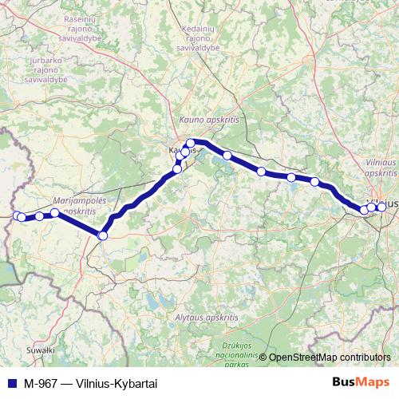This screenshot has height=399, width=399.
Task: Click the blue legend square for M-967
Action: click(9, 384)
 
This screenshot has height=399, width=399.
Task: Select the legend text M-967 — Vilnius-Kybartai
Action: click(84, 384)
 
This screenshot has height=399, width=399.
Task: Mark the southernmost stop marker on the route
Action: click(102, 235)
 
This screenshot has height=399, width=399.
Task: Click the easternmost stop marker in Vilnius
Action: click(381, 207)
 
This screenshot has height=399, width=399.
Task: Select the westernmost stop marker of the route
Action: click(17, 215)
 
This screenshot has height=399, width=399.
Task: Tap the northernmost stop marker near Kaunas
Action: click(191, 144)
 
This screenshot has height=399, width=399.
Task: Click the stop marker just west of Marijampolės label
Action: click(39, 216)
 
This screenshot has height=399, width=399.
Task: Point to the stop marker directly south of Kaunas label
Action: click(177, 168)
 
